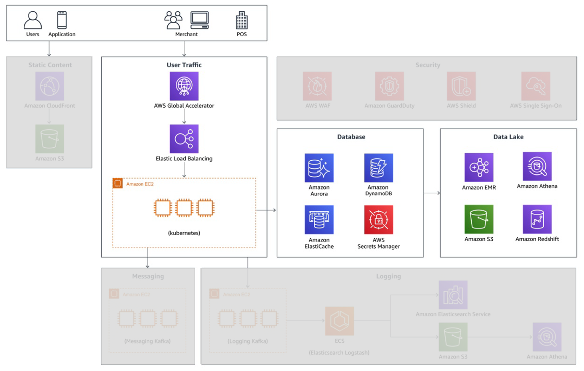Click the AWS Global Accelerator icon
184,86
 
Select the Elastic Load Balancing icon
184,138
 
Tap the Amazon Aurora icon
319,168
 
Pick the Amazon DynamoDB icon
378,168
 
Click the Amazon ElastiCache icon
319,220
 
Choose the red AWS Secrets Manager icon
378,220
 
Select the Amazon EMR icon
479,167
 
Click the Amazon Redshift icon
537,219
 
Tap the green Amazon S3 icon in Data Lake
479,219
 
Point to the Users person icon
32,20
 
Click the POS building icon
242,20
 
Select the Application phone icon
62,20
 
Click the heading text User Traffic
184,65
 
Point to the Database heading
351,137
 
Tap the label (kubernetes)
184,233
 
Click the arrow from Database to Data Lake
432,193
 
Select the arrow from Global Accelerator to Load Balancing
184,116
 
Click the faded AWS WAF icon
317,86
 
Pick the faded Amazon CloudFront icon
50,86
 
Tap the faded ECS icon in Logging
339,321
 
